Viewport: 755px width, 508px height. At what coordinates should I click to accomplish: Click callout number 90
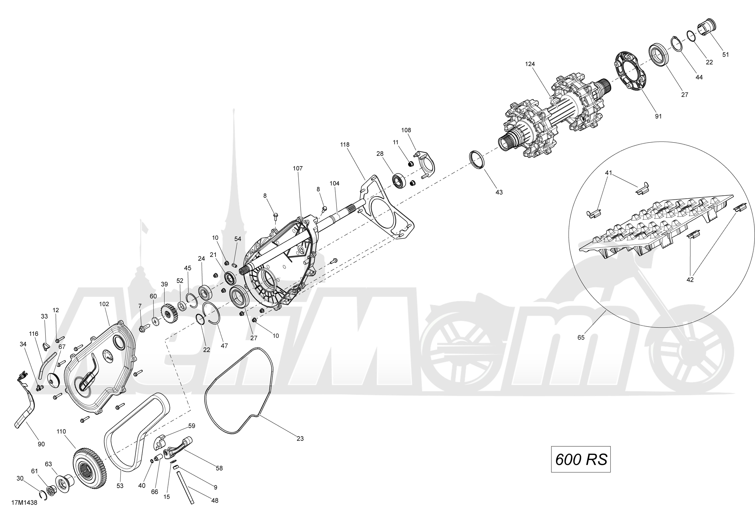(41, 444)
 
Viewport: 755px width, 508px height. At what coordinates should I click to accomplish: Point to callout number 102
(104, 304)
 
